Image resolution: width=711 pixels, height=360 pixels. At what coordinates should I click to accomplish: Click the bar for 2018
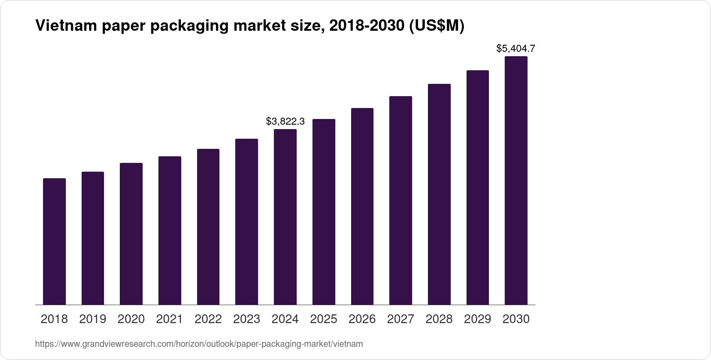click(x=54, y=241)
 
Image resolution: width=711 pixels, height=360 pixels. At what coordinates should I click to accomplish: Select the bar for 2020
click(x=131, y=234)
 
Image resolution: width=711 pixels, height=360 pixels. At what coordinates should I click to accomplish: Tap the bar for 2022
click(x=208, y=227)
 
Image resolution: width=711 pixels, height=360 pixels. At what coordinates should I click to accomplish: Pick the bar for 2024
click(x=285, y=217)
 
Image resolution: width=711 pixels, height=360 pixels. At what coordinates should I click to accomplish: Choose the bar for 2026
click(x=362, y=206)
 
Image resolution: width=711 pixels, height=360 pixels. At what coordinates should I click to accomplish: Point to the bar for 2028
click(x=439, y=194)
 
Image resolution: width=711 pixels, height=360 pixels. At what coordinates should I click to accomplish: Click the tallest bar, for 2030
click(x=516, y=180)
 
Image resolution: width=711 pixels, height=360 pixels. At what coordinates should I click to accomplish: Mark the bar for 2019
click(x=93, y=238)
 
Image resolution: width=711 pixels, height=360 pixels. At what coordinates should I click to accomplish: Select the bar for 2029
click(x=478, y=187)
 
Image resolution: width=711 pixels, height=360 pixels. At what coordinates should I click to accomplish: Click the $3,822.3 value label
click(x=285, y=121)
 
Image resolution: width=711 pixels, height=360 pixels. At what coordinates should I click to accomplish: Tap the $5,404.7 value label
click(x=516, y=48)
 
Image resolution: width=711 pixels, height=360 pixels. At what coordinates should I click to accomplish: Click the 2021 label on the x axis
click(x=169, y=319)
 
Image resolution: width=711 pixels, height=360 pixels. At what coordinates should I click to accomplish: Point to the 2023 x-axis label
click(x=247, y=319)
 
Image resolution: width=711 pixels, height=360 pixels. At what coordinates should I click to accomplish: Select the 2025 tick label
click(x=323, y=319)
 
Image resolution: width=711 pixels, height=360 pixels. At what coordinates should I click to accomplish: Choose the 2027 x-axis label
click(x=401, y=319)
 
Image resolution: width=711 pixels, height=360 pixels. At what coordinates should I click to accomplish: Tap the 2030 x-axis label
click(x=516, y=319)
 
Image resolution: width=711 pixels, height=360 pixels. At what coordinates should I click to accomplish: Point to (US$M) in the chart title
click(x=436, y=26)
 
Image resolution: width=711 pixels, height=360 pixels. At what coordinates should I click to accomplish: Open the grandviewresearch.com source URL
click(x=199, y=344)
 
